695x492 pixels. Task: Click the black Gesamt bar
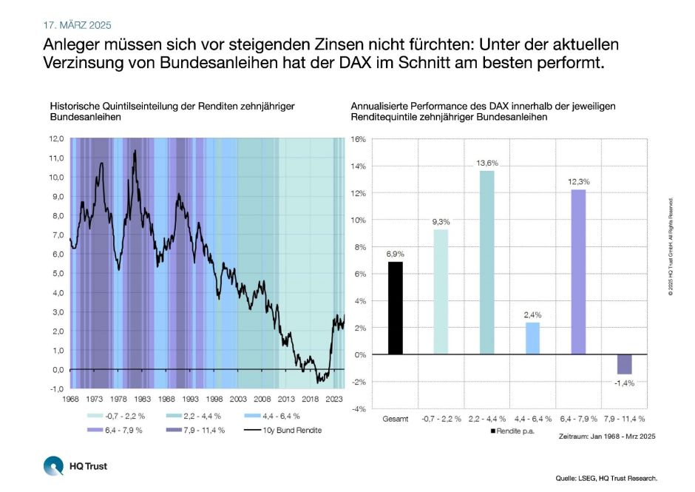click(396, 308)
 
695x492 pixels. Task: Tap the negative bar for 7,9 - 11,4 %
click(623, 364)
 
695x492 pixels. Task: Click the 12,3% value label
click(578, 181)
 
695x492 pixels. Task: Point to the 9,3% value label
click(441, 221)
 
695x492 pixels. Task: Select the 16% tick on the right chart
click(358, 139)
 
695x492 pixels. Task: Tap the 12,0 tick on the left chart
click(57, 138)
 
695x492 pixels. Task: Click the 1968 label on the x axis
click(70, 397)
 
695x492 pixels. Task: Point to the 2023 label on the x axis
click(335, 397)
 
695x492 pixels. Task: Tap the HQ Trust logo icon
click(53, 466)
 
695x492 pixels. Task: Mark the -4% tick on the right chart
click(358, 408)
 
